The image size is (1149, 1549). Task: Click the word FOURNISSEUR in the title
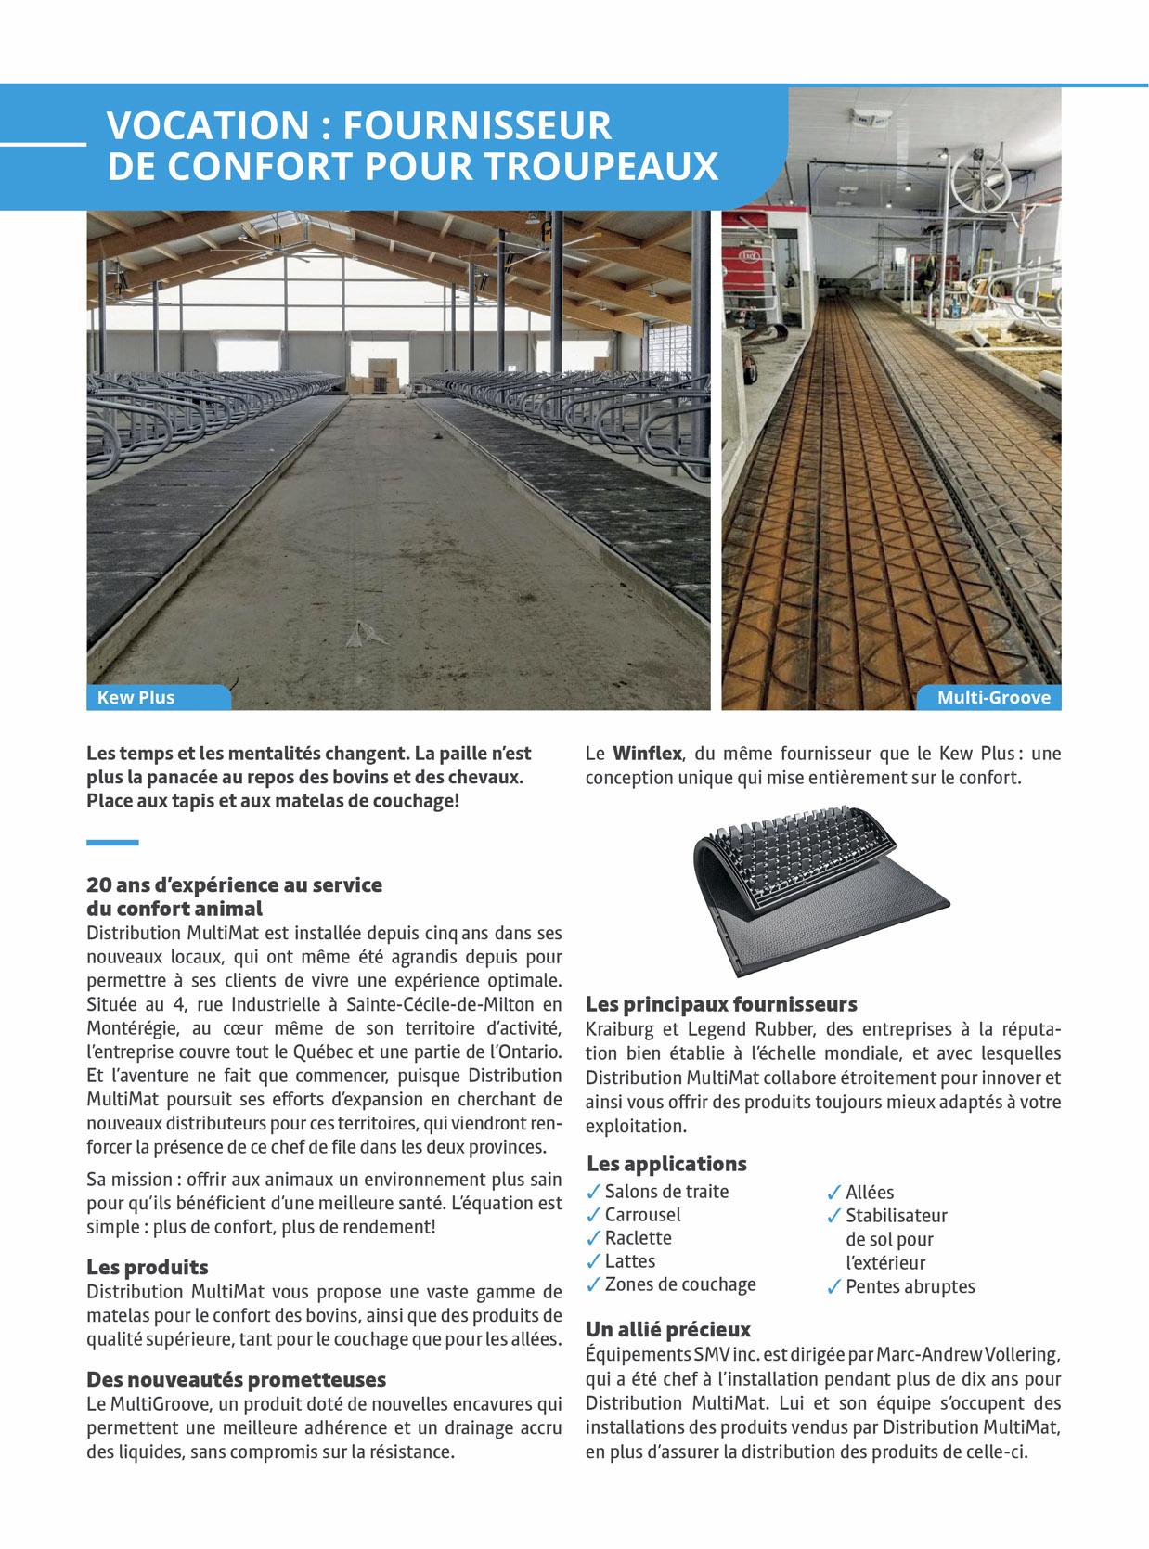pyautogui.click(x=477, y=124)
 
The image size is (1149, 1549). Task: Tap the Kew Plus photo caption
pyautogui.click(x=136, y=697)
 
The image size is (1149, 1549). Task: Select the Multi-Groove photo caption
pyautogui.click(x=993, y=697)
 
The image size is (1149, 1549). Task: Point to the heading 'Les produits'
pyautogui.click(x=148, y=1267)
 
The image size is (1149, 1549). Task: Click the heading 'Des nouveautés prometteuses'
pyautogui.click(x=236, y=1378)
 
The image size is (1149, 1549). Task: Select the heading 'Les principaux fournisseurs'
pyautogui.click(x=721, y=1004)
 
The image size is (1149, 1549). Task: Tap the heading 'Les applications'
pyautogui.click(x=666, y=1164)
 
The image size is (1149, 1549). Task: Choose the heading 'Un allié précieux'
pyautogui.click(x=668, y=1329)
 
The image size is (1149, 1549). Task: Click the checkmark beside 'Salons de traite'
pyautogui.click(x=593, y=1191)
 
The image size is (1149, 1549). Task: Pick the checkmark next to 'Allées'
pyautogui.click(x=834, y=1192)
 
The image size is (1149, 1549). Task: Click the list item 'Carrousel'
pyautogui.click(x=642, y=1214)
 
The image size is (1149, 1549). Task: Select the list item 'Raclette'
pyautogui.click(x=638, y=1237)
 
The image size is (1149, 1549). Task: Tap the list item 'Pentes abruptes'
pyautogui.click(x=910, y=1287)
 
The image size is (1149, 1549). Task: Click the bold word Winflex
pyautogui.click(x=647, y=754)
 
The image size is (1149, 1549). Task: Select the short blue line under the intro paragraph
pyautogui.click(x=112, y=843)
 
